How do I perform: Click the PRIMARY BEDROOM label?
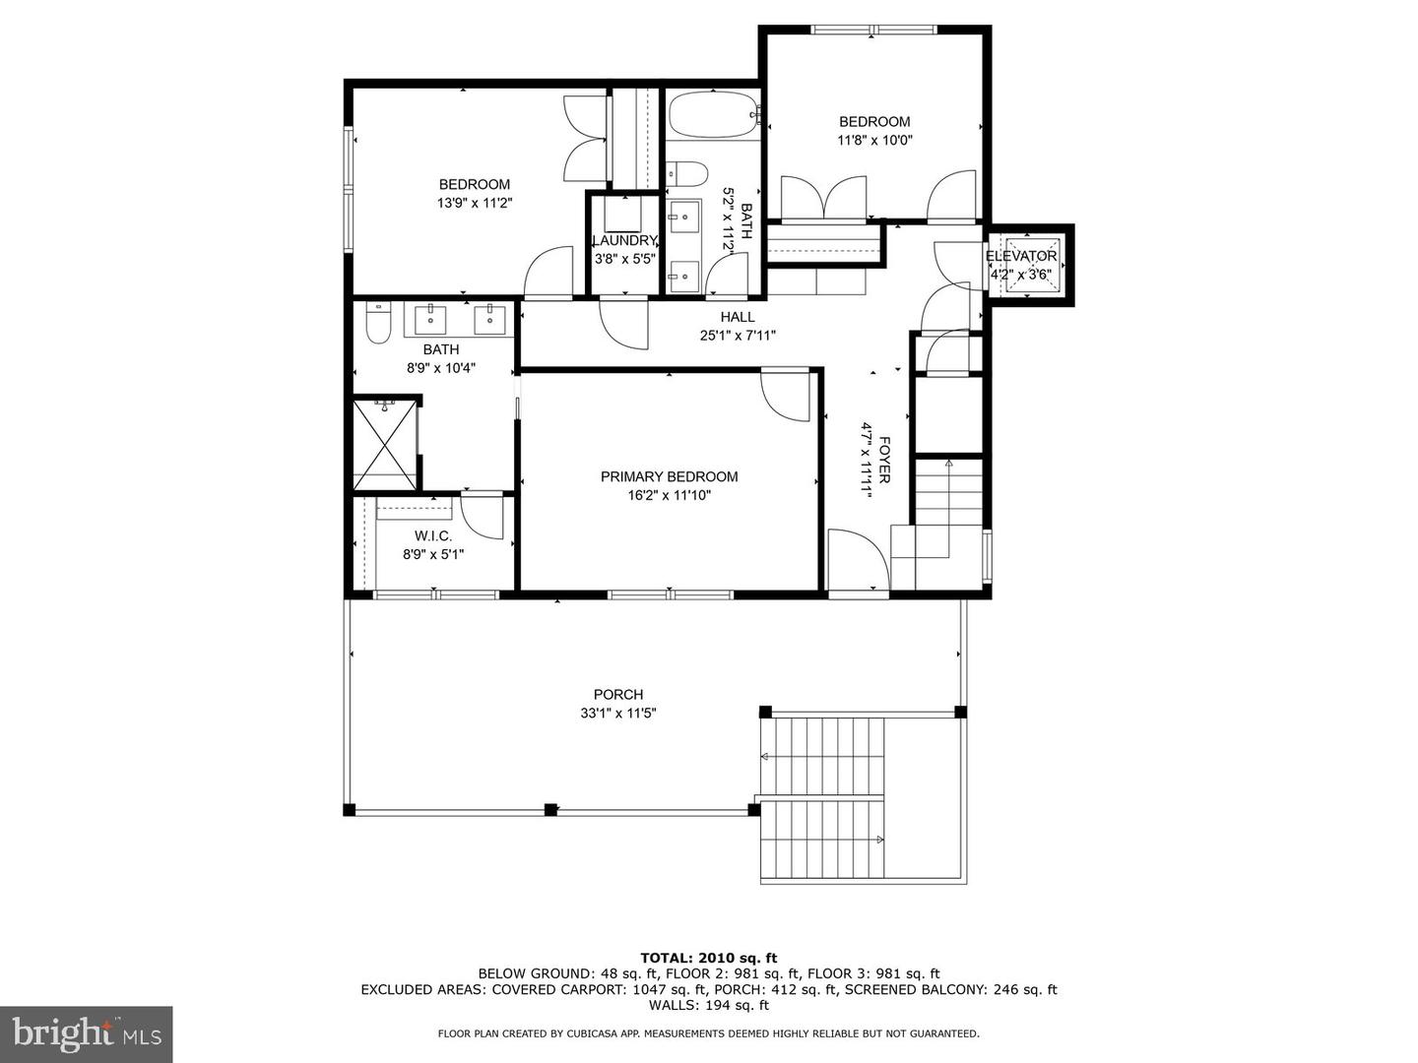(x=669, y=476)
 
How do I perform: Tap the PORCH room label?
(x=618, y=695)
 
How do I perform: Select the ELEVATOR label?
(x=1021, y=256)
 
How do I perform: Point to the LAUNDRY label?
(x=624, y=241)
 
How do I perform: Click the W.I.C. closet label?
(x=433, y=535)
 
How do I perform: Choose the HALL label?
(x=738, y=317)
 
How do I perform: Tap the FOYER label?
(x=885, y=461)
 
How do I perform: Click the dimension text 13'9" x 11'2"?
(x=475, y=204)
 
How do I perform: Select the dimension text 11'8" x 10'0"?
(x=874, y=140)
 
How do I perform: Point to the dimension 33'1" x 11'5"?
(x=618, y=714)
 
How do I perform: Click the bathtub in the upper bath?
(x=713, y=115)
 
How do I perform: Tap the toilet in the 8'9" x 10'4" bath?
(x=379, y=323)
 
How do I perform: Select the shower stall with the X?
(x=384, y=445)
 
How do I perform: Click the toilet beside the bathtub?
(x=687, y=174)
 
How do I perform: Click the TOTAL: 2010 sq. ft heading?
(x=709, y=957)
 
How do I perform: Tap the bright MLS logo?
(x=86, y=1032)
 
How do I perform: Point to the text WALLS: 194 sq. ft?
(x=709, y=1005)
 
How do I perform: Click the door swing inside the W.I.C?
(x=482, y=516)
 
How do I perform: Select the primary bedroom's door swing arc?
(x=785, y=396)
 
